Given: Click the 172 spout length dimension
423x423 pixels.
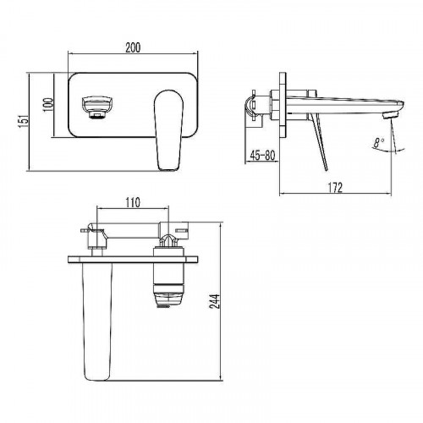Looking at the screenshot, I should coord(336,187).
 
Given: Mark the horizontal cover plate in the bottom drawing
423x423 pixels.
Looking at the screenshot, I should coord(135,256).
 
